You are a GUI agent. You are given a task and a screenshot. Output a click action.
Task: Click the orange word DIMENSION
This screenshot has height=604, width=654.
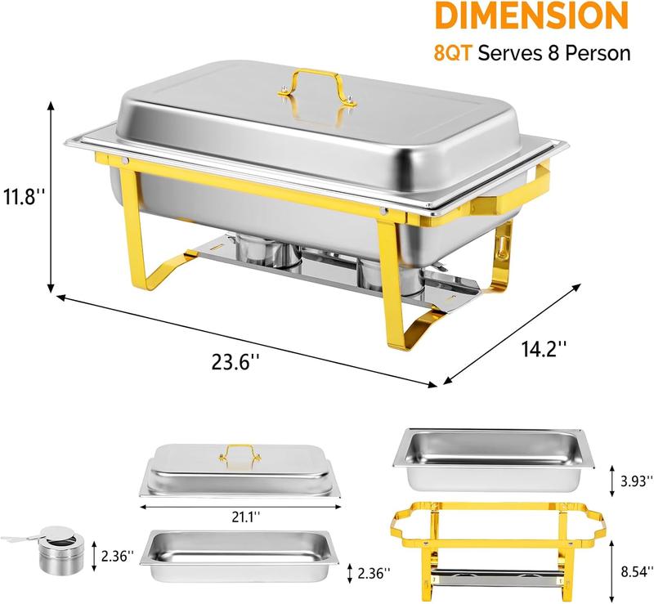[531, 16]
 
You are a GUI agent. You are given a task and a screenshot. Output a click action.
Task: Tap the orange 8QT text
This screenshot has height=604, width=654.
[453, 53]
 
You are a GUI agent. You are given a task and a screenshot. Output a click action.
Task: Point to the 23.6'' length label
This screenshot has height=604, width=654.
[235, 361]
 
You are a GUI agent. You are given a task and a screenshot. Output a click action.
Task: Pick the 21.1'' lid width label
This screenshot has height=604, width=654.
[246, 517]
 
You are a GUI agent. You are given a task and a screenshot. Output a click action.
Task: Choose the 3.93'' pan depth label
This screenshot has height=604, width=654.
[637, 481]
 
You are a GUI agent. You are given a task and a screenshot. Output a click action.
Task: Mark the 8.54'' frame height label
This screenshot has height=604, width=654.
[637, 571]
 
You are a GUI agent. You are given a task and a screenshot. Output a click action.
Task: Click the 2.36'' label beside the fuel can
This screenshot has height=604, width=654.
[118, 556]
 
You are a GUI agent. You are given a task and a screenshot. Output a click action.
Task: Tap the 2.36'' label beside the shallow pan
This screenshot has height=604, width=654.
[374, 574]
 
